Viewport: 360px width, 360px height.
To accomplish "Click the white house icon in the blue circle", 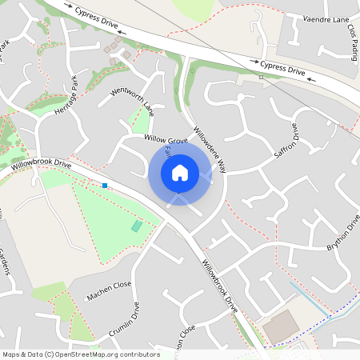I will pos(180,172).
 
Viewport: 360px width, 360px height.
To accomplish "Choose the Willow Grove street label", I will pos(165,138).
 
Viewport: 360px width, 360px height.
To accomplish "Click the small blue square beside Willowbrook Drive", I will pos(105,186).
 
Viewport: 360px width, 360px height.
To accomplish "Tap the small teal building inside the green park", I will pos(136,226).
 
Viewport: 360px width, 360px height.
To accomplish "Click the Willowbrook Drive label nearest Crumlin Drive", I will pos(221,286).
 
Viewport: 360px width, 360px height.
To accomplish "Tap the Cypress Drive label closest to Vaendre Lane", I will pos(282,69).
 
